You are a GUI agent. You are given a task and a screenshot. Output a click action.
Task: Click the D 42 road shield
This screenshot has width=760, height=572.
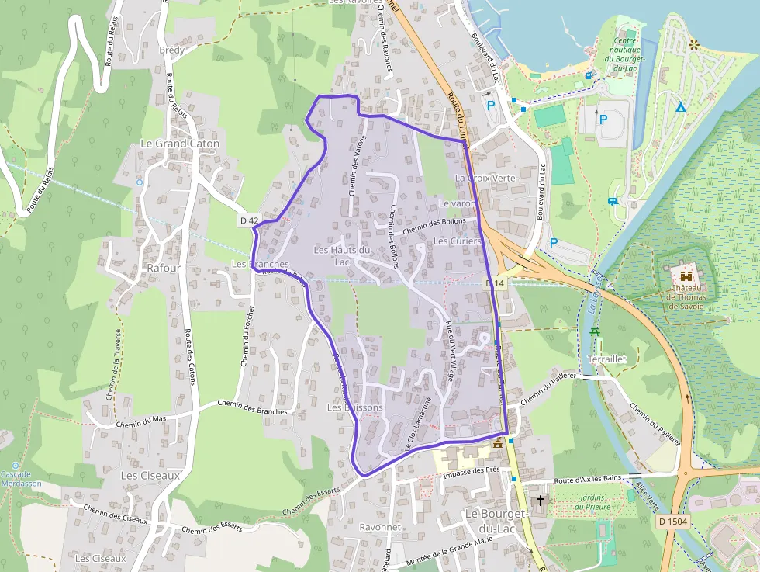(x=249, y=221)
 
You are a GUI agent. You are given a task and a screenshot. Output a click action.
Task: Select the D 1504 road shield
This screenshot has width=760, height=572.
(x=672, y=522)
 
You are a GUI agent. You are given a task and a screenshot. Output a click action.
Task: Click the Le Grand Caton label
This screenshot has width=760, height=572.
(x=180, y=144)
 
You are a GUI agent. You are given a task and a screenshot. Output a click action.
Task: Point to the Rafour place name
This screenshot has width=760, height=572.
(x=163, y=269)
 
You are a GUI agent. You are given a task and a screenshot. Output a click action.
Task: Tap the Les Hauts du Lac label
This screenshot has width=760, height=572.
(x=342, y=256)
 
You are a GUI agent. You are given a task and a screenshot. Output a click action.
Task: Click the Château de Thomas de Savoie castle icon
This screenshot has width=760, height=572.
(x=686, y=276)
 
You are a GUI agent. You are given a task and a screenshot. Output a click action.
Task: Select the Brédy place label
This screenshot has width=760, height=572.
(x=171, y=50)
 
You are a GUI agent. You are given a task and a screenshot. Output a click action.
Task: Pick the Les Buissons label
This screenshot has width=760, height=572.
(x=354, y=407)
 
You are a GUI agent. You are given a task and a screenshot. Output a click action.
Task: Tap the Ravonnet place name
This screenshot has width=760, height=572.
(x=379, y=527)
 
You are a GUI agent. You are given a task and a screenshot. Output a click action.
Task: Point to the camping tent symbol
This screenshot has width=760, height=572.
(x=680, y=106)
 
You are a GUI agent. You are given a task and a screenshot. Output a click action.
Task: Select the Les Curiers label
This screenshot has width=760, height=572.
(x=457, y=241)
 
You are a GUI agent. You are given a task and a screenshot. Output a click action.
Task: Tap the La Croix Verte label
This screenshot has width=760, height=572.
(x=485, y=178)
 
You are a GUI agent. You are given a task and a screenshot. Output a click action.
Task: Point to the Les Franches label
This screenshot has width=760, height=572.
(x=261, y=265)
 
